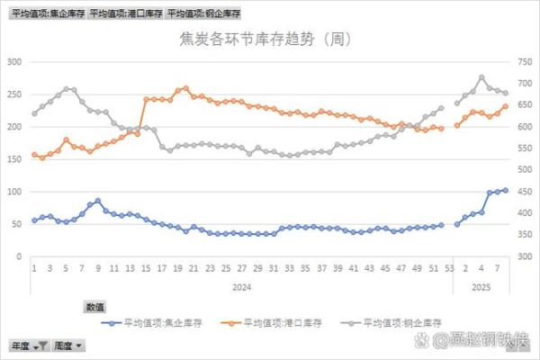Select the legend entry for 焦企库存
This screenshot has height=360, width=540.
coord(148,322)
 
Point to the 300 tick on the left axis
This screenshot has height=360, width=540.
coord(14,62)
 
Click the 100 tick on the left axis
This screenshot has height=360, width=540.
coord(14,192)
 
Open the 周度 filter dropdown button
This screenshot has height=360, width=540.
coord(68,346)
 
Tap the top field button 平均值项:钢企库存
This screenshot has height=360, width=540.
coord(204,13)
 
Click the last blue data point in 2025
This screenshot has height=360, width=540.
coord(505,190)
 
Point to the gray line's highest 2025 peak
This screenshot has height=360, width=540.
coord(481,77)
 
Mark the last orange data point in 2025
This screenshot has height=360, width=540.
coord(505,105)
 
